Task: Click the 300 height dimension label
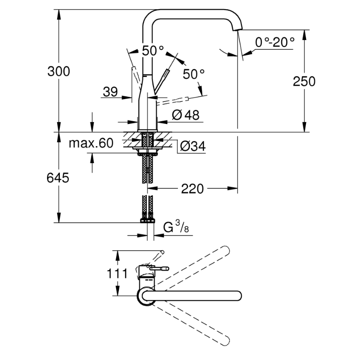59,71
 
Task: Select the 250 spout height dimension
304,81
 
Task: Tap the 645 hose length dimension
58,177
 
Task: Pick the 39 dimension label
110,92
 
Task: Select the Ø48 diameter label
186,115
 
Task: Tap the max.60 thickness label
91,143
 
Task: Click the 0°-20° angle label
275,42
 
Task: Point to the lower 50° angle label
194,74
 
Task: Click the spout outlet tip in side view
237,29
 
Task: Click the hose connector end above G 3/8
148,220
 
